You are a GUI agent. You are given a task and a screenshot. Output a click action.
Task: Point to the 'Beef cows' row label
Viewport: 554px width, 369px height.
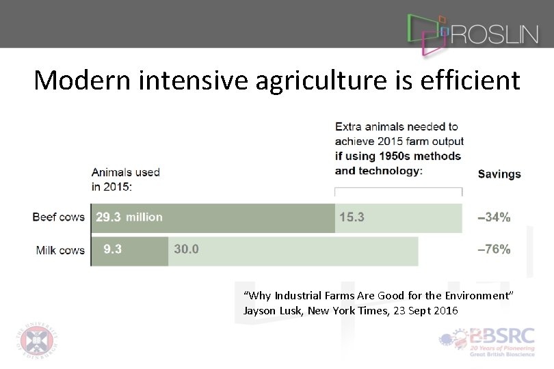pyautogui.click(x=59, y=217)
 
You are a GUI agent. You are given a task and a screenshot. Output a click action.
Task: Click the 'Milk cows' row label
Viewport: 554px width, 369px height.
pyautogui.click(x=60, y=250)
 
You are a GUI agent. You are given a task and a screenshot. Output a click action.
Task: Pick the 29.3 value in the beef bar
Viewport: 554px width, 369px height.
pyautogui.click(x=108, y=217)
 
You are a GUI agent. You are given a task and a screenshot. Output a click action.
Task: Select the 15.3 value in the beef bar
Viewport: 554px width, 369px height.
pyautogui.click(x=352, y=217)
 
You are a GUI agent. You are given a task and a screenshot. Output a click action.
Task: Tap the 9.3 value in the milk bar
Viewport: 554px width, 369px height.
pyautogui.click(x=113, y=249)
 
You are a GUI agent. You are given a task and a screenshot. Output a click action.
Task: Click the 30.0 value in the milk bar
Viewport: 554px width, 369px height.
pyautogui.click(x=186, y=249)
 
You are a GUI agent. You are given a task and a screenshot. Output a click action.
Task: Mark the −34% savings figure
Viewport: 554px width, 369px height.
pyautogui.click(x=493, y=218)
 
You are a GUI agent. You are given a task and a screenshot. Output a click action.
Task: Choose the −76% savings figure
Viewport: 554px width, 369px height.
pyautogui.click(x=493, y=249)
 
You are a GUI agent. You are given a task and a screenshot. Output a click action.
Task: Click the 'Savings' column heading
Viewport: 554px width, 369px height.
pyautogui.click(x=499, y=174)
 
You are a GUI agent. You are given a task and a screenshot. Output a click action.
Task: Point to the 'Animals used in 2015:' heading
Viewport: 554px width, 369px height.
pyautogui.click(x=126, y=179)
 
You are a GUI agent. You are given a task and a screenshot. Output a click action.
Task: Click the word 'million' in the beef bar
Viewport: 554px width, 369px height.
pyautogui.click(x=144, y=217)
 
